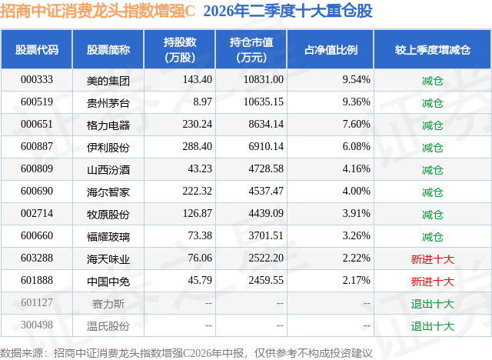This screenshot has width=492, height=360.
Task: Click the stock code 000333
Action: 37,80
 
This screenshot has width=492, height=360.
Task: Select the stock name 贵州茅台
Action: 108,103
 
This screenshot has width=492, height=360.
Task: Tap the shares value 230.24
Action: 198,125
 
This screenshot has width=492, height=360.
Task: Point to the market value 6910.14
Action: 266,147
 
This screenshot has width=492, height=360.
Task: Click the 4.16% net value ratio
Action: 357,169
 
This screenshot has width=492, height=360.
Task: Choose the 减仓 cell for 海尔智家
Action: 432,192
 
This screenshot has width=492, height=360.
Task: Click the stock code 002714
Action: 37,213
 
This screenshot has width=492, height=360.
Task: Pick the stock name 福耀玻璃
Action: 108,237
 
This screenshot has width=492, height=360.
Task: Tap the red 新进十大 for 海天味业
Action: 432,259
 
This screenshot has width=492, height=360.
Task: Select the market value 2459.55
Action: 266,280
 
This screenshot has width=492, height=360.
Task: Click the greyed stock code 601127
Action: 37,302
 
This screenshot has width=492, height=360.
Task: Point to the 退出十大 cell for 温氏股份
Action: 432,326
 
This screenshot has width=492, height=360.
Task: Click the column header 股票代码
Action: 37,50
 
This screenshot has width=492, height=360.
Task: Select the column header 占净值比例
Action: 331,50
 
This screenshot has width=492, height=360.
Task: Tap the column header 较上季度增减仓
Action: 433,50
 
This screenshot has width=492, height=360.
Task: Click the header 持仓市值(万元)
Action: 251,50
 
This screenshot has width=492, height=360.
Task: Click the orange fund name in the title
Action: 98,12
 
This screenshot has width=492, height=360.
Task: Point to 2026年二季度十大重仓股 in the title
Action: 288,12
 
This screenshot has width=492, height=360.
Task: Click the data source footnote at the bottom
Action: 186,353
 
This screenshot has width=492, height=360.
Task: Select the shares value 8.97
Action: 203,102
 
